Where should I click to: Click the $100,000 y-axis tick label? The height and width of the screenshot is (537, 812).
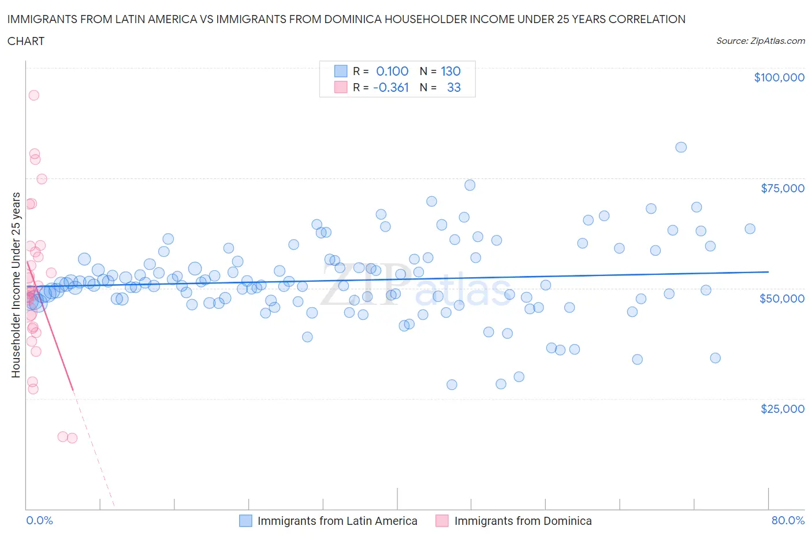(779, 77)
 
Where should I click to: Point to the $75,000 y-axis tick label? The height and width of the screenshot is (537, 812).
(782, 188)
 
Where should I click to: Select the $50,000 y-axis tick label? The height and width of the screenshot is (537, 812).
(782, 299)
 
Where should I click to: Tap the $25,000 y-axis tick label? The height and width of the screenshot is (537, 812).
(782, 409)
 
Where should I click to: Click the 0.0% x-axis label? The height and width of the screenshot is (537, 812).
(39, 520)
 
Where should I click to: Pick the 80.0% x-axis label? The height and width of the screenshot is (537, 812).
(788, 520)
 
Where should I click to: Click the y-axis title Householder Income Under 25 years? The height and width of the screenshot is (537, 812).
(16, 285)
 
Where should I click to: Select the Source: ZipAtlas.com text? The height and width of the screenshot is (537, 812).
(760, 41)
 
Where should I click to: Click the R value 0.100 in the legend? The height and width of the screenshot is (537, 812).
(392, 71)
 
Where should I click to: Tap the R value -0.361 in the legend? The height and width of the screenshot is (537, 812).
(391, 87)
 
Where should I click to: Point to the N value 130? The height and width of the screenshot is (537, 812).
(450, 71)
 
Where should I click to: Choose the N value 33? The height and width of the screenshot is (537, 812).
(453, 87)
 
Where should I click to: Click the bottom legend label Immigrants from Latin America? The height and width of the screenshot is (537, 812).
(337, 521)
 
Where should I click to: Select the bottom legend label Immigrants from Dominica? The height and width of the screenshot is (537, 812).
(523, 521)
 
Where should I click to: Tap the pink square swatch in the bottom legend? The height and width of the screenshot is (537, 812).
(442, 521)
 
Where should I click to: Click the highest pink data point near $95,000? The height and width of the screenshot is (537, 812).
(34, 95)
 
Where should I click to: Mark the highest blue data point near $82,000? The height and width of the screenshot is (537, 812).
(681, 147)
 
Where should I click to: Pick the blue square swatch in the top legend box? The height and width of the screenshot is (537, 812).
(341, 71)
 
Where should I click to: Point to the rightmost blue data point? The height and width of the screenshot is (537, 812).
(750, 229)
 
